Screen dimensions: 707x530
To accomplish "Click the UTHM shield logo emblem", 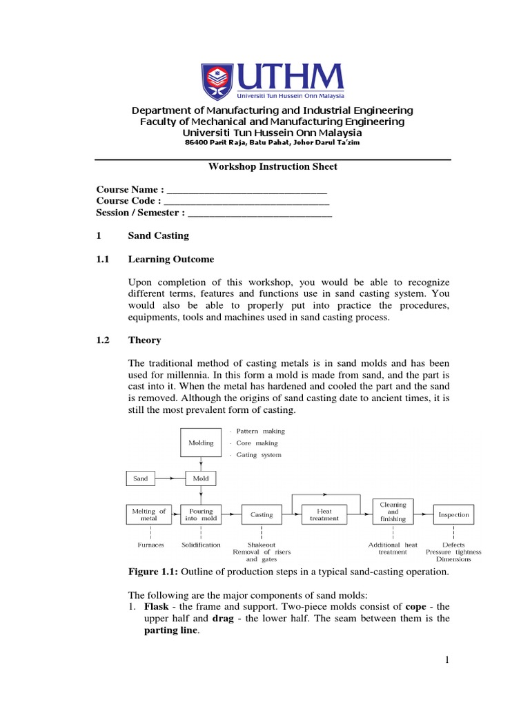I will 217,82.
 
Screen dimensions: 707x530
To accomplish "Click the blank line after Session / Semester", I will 260,213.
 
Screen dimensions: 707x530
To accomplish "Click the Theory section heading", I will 145,340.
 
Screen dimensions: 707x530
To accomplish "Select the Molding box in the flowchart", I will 200,443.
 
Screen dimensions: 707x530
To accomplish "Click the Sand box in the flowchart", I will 141,478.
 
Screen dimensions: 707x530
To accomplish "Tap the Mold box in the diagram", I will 200,478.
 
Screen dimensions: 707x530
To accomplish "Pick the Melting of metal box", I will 149,514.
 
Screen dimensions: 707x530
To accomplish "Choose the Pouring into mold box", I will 200,514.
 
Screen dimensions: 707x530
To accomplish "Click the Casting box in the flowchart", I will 262,514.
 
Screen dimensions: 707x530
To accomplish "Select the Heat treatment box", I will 324,514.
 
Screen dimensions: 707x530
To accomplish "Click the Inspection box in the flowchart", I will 453,514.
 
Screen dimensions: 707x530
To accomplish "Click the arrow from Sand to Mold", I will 171,478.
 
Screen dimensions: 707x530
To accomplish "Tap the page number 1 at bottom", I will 446,661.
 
